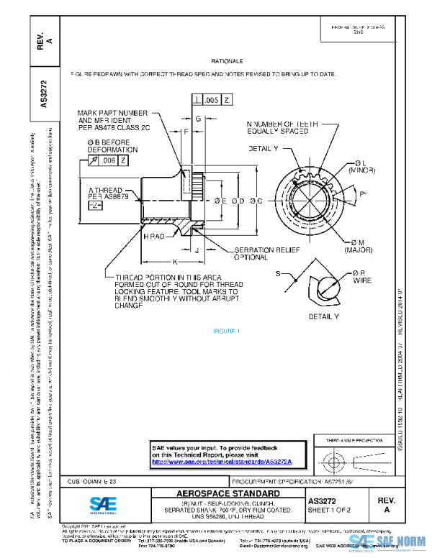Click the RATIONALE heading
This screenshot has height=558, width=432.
pyautogui.click(x=227, y=62)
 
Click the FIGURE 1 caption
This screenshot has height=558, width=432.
pyautogui.click(x=227, y=331)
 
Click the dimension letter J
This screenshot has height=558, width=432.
pyautogui.click(x=197, y=250)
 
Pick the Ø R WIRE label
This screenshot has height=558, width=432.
pyautogui.click(x=360, y=278)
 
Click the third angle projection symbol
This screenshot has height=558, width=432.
pyautogui.click(x=357, y=458)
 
